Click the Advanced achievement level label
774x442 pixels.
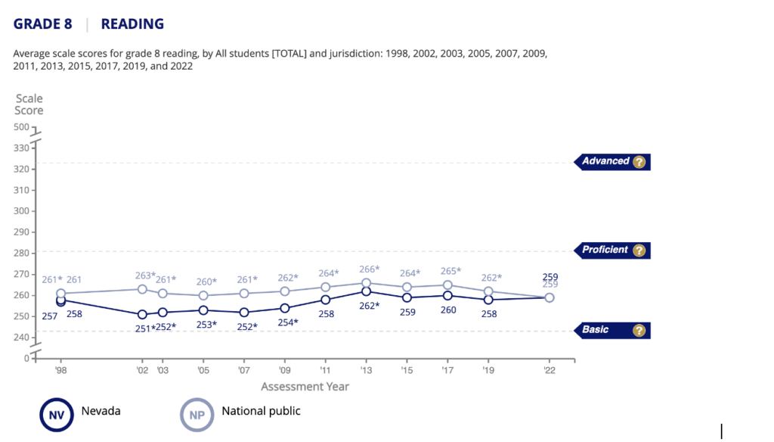(605, 161)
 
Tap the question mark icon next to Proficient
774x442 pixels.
(639, 251)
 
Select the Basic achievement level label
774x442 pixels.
(596, 330)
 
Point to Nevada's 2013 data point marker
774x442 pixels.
(366, 291)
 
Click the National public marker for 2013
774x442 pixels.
(366, 283)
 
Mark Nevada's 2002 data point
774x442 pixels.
(142, 314)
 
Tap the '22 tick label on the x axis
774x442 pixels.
(550, 372)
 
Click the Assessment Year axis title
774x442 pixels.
(305, 387)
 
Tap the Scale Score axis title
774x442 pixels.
(29, 104)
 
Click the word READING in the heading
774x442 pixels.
(132, 23)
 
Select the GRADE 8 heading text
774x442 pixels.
(43, 23)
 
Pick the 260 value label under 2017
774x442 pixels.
(448, 309)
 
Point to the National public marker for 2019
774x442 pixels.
(488, 291)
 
